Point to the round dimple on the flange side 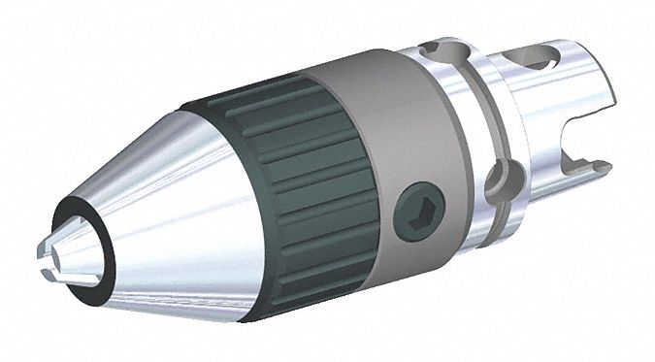[x=501, y=181]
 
